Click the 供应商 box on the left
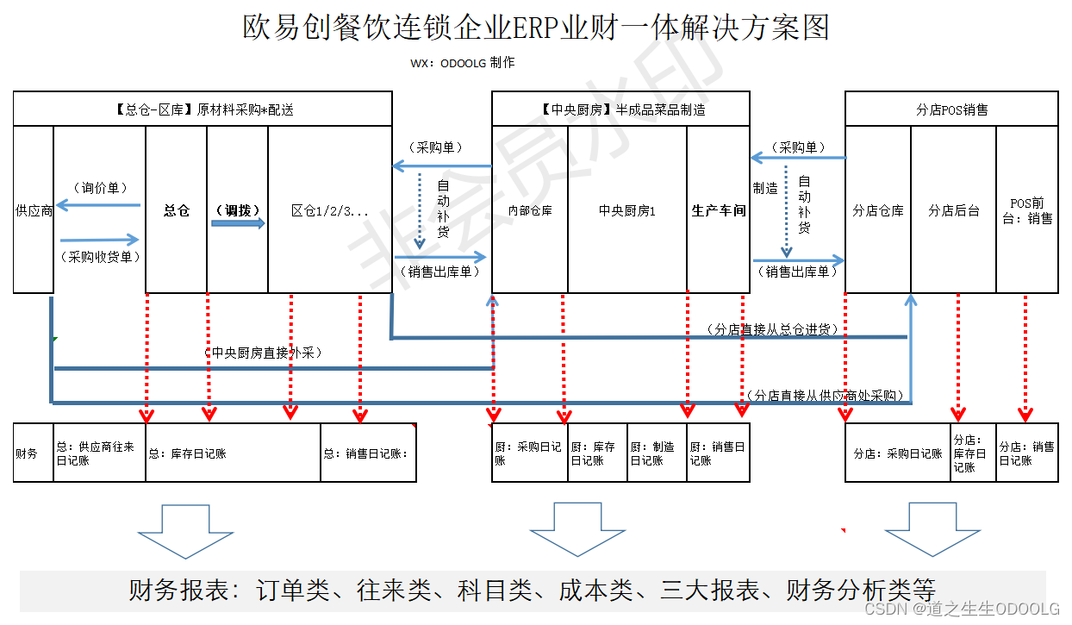[34, 210]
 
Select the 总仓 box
[177, 210]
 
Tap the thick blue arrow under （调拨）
[238, 224]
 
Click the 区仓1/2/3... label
[330, 210]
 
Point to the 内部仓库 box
[530, 210]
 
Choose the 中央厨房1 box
[627, 210]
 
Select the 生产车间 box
[719, 210]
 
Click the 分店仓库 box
[878, 210]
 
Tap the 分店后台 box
[953, 210]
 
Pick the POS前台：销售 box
[1027, 210]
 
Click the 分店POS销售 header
[951, 109]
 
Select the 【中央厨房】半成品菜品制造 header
[620, 109]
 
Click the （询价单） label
[100, 188]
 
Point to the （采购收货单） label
[100, 256]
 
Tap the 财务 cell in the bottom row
[34, 453]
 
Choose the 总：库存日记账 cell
[233, 453]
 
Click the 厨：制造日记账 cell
[657, 453]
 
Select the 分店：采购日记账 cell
[898, 453]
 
